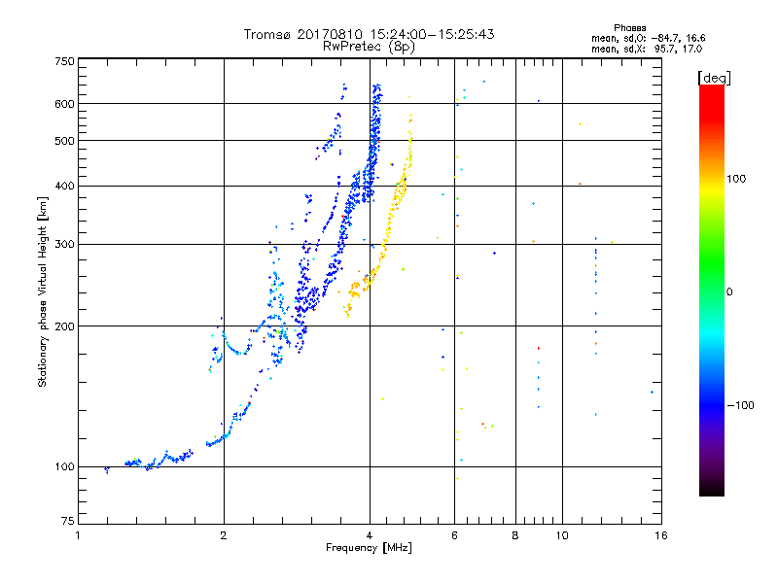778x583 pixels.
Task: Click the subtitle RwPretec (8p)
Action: [369, 47]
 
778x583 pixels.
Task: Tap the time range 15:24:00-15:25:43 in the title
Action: [432, 34]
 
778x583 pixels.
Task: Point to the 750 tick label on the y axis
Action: [64, 61]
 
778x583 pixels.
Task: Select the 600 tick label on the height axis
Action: [64, 104]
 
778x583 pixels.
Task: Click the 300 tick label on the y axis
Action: [64, 245]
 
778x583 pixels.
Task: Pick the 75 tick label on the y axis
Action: [68, 521]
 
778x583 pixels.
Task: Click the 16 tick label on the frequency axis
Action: [661, 535]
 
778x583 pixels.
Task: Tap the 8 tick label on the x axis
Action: [515, 535]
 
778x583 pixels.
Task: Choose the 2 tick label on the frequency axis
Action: [224, 535]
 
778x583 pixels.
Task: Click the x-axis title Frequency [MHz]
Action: [369, 548]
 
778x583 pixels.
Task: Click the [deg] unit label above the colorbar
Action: [714, 79]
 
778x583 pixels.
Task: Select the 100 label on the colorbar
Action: [736, 179]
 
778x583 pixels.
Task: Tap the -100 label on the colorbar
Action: [740, 405]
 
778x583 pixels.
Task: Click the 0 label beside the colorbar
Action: [729, 292]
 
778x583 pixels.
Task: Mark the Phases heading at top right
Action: [629, 28]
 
